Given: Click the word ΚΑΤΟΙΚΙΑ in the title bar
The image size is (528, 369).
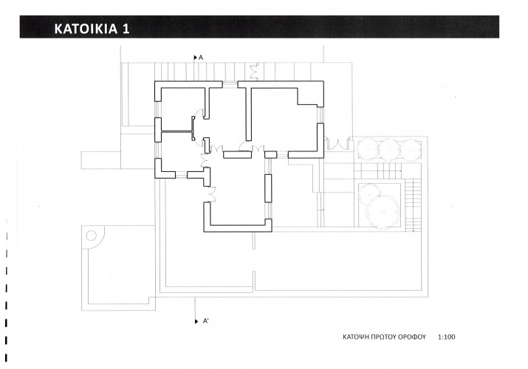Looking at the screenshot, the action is pos(86,29).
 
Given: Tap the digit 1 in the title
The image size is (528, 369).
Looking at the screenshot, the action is pos(126,29).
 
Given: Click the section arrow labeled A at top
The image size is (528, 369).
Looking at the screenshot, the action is pos(196,58).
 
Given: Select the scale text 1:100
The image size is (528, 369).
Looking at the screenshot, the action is pos(447,337).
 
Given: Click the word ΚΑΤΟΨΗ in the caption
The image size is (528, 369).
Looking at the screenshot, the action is pos(355,337).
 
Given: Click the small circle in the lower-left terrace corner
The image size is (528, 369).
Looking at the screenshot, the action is pos(92,235).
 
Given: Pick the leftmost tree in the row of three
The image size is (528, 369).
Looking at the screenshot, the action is pos(367,150).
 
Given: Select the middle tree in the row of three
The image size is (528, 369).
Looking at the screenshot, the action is pos(389,150).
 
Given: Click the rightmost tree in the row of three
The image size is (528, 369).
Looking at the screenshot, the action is pos(411,150).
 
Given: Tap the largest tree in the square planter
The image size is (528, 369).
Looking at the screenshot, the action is pos(383,212).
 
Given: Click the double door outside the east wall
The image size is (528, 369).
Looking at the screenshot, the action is pos(337,143).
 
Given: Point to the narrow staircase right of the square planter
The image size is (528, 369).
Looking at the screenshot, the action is pos(414,205).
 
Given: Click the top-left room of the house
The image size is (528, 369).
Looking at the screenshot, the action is pos(183,109).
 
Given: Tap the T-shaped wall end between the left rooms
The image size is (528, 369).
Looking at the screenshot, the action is pos(193,128).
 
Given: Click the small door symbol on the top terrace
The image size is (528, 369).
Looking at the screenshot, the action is pos(254,72).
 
